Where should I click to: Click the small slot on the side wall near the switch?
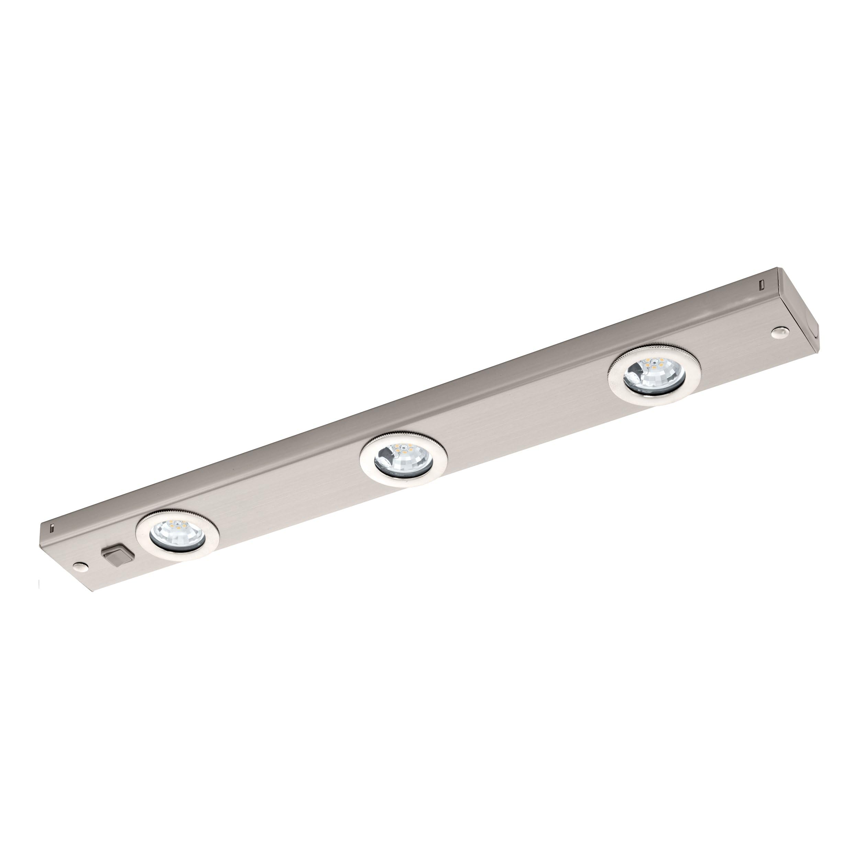point(52,529)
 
